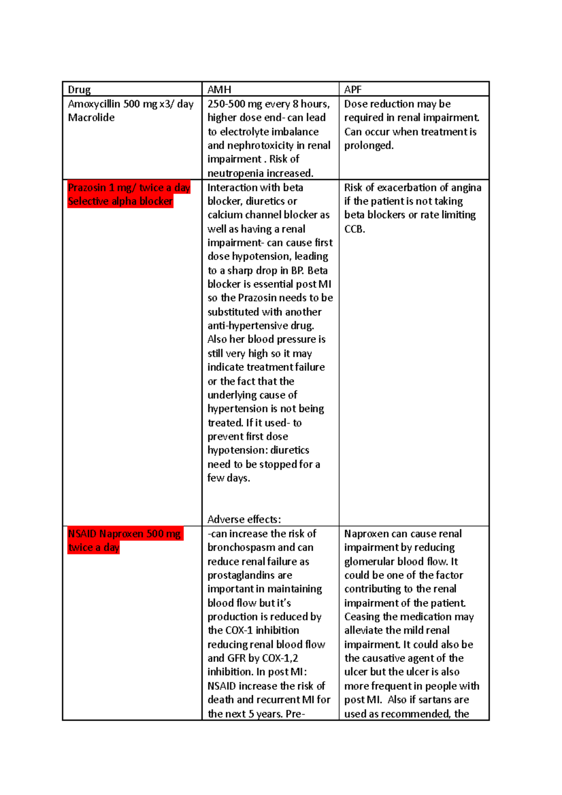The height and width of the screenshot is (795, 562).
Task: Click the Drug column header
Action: coord(79,89)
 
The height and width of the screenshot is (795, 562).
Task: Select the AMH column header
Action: coord(219,89)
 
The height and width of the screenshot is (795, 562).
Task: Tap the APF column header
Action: coord(353,89)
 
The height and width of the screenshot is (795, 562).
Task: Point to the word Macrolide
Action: coord(91,118)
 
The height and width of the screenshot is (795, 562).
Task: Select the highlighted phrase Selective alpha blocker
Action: coord(120,201)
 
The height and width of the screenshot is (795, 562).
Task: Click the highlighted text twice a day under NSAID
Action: coord(94,547)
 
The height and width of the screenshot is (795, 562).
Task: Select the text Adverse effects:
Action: coord(244,519)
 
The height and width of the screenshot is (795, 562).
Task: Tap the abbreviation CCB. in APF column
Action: coord(355,229)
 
